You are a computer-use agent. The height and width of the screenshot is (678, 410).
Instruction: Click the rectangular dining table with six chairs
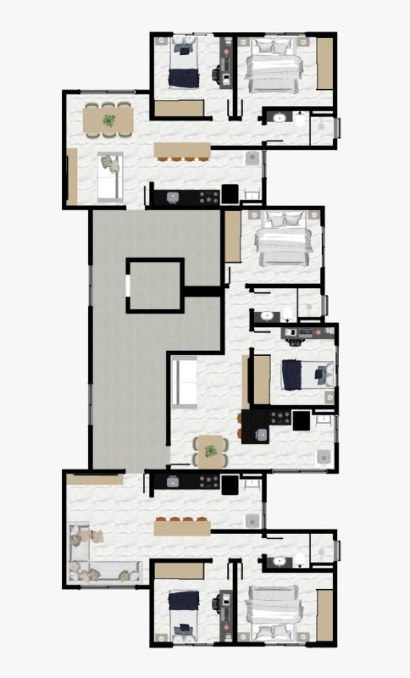[x=109, y=120]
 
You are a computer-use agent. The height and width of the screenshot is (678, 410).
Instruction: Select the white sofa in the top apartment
[x=109, y=175]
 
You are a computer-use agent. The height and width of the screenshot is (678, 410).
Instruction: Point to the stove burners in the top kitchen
[x=205, y=196]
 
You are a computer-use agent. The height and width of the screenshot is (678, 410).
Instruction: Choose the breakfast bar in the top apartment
[x=182, y=149]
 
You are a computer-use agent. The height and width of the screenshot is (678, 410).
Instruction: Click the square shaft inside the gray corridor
[x=154, y=285]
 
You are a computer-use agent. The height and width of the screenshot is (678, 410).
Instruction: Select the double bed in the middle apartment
[x=282, y=240]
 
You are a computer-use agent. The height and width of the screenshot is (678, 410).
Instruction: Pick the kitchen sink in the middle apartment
[x=262, y=434]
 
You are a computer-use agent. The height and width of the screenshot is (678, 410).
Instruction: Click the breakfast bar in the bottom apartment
[x=182, y=527]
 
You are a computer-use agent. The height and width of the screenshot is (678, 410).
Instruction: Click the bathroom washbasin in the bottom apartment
[x=277, y=560]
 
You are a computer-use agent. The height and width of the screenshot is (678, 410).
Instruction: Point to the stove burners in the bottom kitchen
[x=205, y=481]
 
